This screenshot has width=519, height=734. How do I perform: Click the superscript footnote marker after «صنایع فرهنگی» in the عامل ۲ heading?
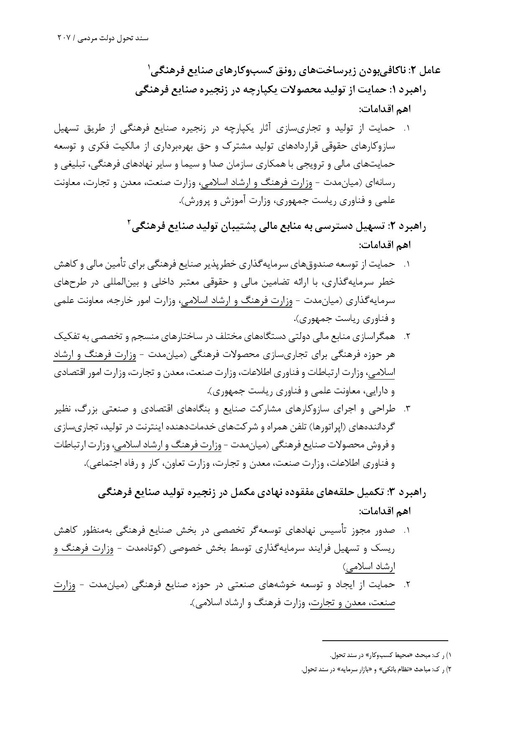point(149,67)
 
